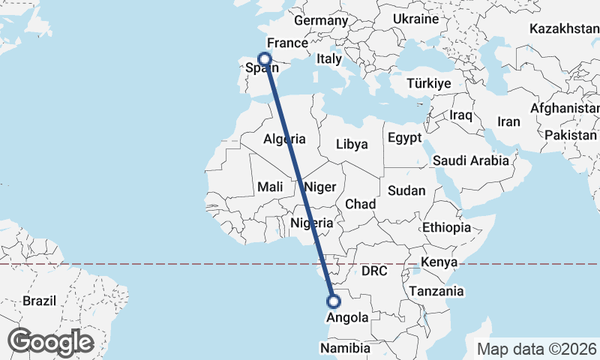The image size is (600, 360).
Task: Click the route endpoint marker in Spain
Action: click(264, 58)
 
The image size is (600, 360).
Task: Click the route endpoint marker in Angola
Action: click(334, 301)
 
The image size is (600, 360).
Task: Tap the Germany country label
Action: click(322, 20)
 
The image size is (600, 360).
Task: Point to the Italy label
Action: click(328, 58)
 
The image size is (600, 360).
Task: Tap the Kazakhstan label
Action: click(564, 29)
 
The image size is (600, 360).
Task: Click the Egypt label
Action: click(406, 138)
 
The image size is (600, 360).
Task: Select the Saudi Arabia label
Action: click(470, 160)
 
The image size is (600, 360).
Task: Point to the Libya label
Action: click(352, 144)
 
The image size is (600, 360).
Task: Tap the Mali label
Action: click(269, 186)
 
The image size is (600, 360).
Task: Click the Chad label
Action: click(360, 204)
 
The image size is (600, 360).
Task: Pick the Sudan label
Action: click(406, 190)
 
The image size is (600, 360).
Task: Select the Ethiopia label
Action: click(446, 226)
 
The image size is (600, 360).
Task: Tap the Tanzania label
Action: click(436, 291)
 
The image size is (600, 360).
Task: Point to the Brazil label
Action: click(40, 300)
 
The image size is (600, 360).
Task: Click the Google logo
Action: click(50, 341)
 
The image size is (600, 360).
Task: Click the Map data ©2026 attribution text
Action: click(538, 348)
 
